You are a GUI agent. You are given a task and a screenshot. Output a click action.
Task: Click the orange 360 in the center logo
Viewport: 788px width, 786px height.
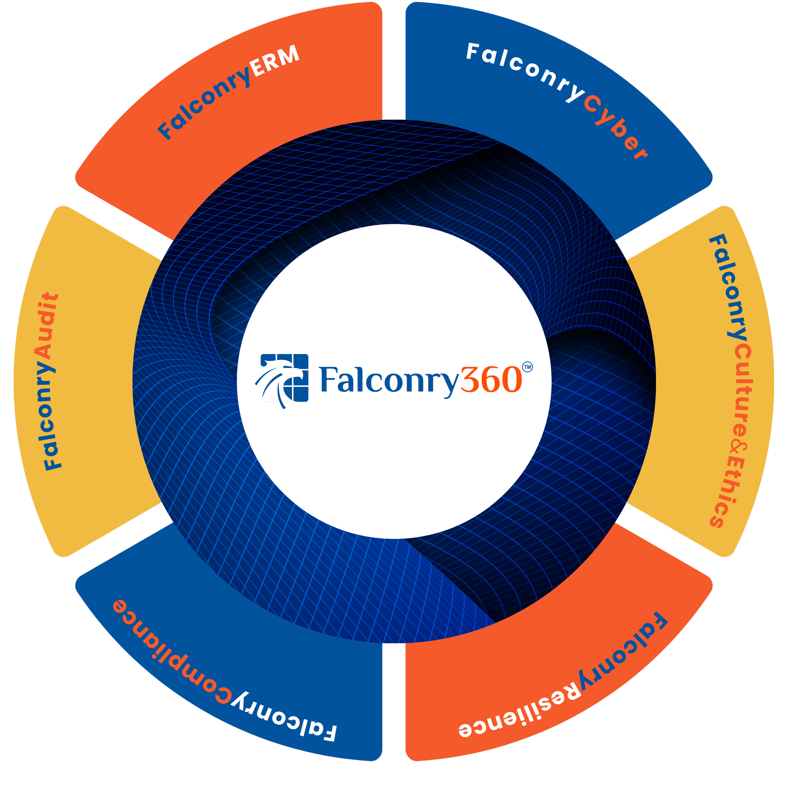pyautogui.click(x=491, y=380)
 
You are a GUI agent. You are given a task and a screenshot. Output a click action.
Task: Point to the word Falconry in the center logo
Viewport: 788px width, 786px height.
pyautogui.click(x=390, y=380)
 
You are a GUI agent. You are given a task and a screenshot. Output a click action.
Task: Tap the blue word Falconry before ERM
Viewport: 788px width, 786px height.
pyautogui.click(x=204, y=102)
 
